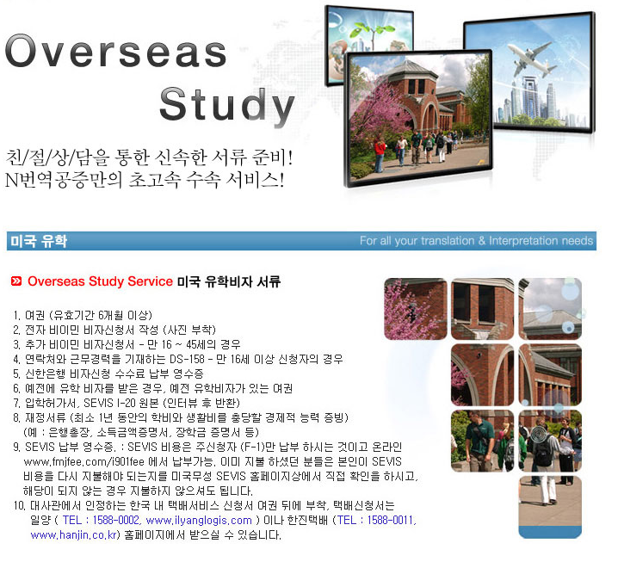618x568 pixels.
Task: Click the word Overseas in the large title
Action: tap(116, 51)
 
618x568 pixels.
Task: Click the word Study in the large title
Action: tap(227, 104)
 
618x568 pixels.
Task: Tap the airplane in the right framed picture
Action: tap(531, 59)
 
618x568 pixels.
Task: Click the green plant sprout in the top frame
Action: tap(373, 32)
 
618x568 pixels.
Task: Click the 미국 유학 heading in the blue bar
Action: tap(39, 241)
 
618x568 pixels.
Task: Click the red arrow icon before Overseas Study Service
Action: tap(16, 281)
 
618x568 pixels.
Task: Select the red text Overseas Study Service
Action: tap(100, 281)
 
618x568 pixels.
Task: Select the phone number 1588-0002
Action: tap(116, 520)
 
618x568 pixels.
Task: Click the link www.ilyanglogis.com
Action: tap(199, 521)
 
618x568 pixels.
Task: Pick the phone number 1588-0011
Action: tap(390, 520)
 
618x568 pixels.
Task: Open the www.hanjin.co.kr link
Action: tap(74, 535)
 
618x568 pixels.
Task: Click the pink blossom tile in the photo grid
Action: tap(416, 309)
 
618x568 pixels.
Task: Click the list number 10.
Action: tap(19, 505)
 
